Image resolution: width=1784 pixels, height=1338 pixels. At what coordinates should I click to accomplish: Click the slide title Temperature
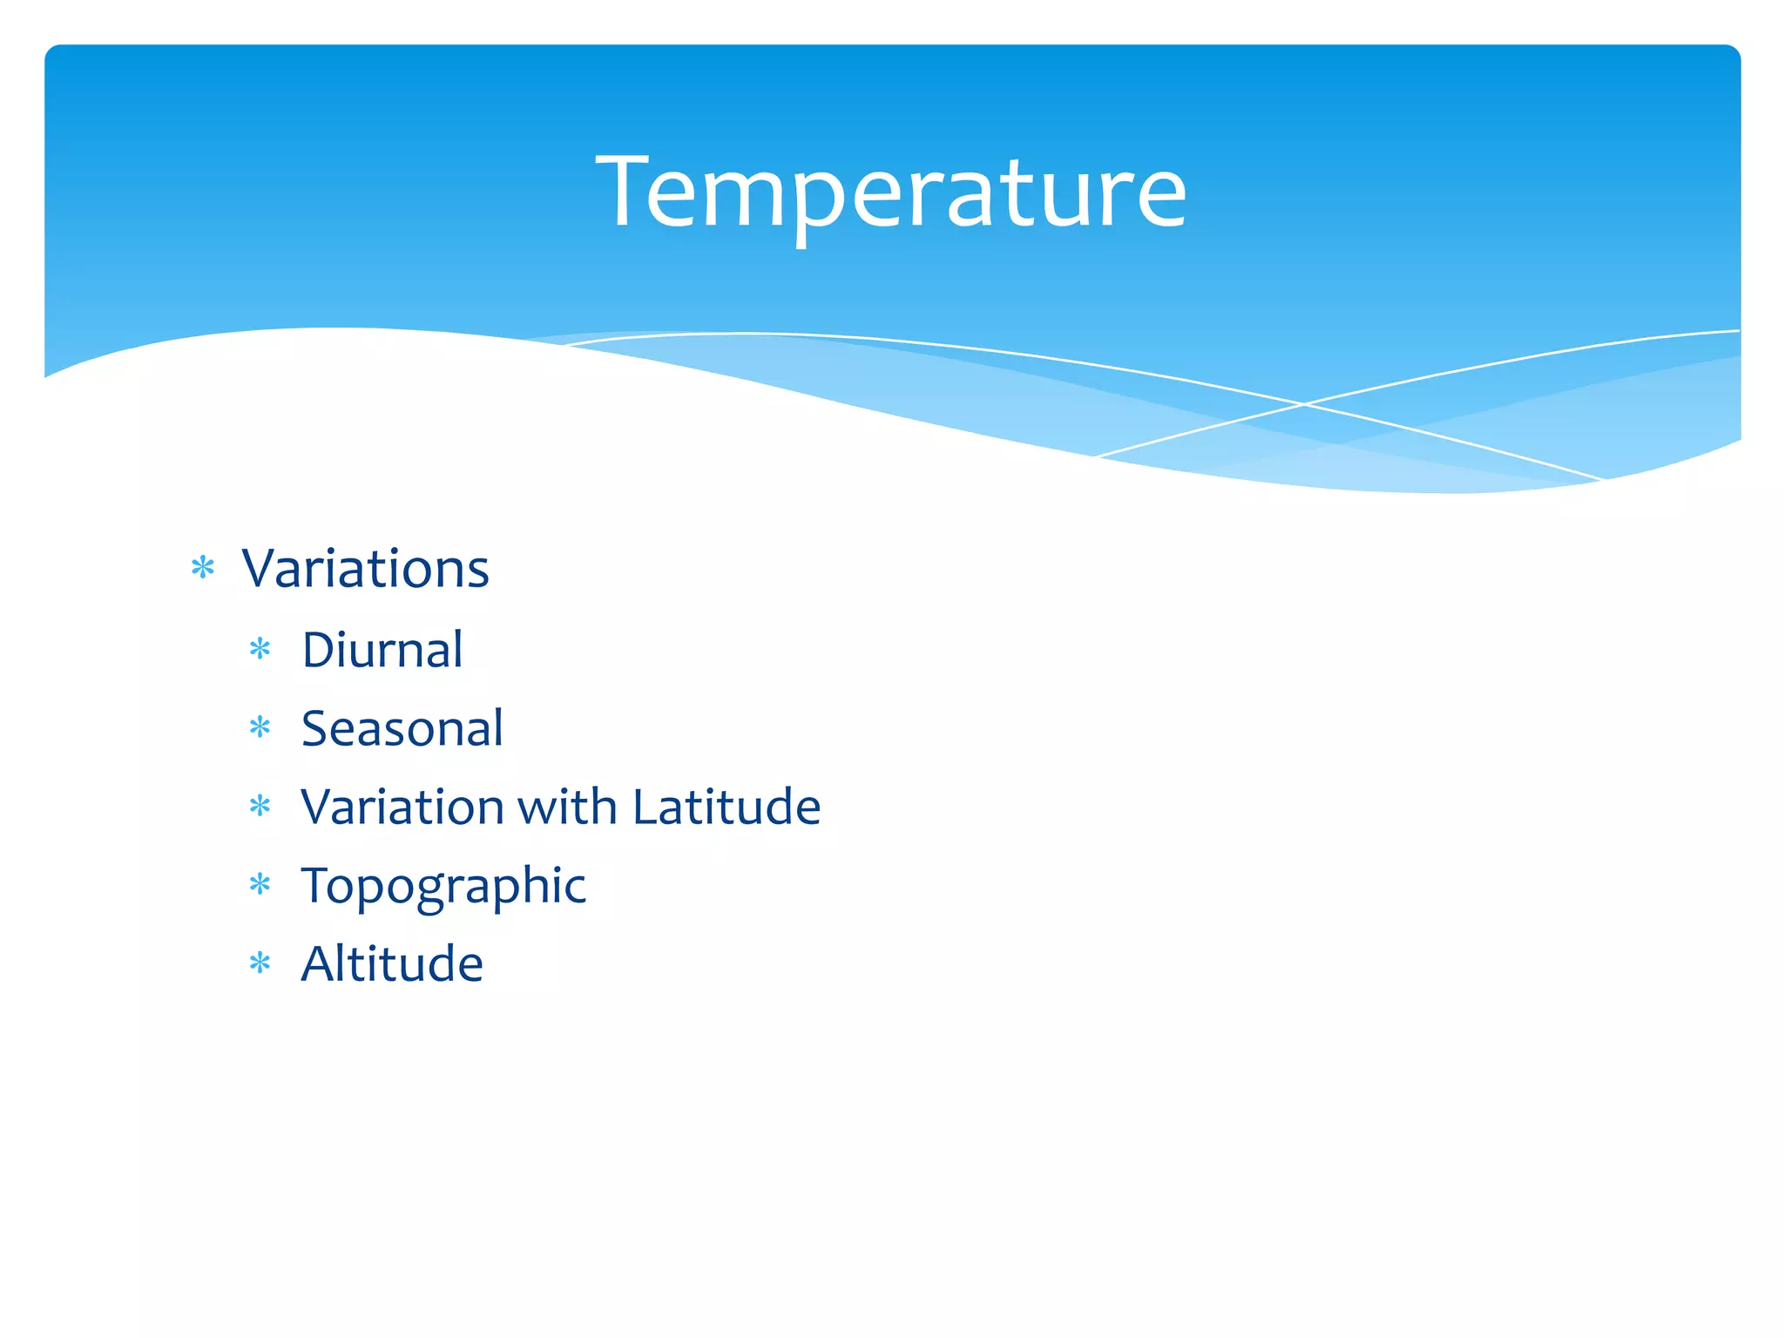(x=890, y=192)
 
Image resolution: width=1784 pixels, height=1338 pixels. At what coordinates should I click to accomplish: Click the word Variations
(x=365, y=569)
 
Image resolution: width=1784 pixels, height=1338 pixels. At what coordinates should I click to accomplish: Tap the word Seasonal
(x=402, y=728)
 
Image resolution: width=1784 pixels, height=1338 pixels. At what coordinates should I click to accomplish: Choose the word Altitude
(x=391, y=963)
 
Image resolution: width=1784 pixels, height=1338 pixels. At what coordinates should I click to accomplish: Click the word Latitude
(x=726, y=807)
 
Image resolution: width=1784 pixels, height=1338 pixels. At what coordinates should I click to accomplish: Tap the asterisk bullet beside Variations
(x=203, y=569)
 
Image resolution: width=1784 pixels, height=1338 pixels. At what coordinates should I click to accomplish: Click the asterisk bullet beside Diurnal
(x=260, y=649)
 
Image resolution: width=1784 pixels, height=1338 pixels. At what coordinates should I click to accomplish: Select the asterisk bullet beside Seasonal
(x=260, y=727)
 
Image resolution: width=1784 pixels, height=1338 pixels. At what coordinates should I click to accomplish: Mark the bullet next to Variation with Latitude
(x=260, y=806)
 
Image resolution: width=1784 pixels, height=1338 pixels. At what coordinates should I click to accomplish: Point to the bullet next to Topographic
(x=260, y=885)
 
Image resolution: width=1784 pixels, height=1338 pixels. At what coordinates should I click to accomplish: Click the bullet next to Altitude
(x=260, y=963)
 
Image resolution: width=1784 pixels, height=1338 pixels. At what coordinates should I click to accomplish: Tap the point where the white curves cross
(x=1304, y=403)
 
